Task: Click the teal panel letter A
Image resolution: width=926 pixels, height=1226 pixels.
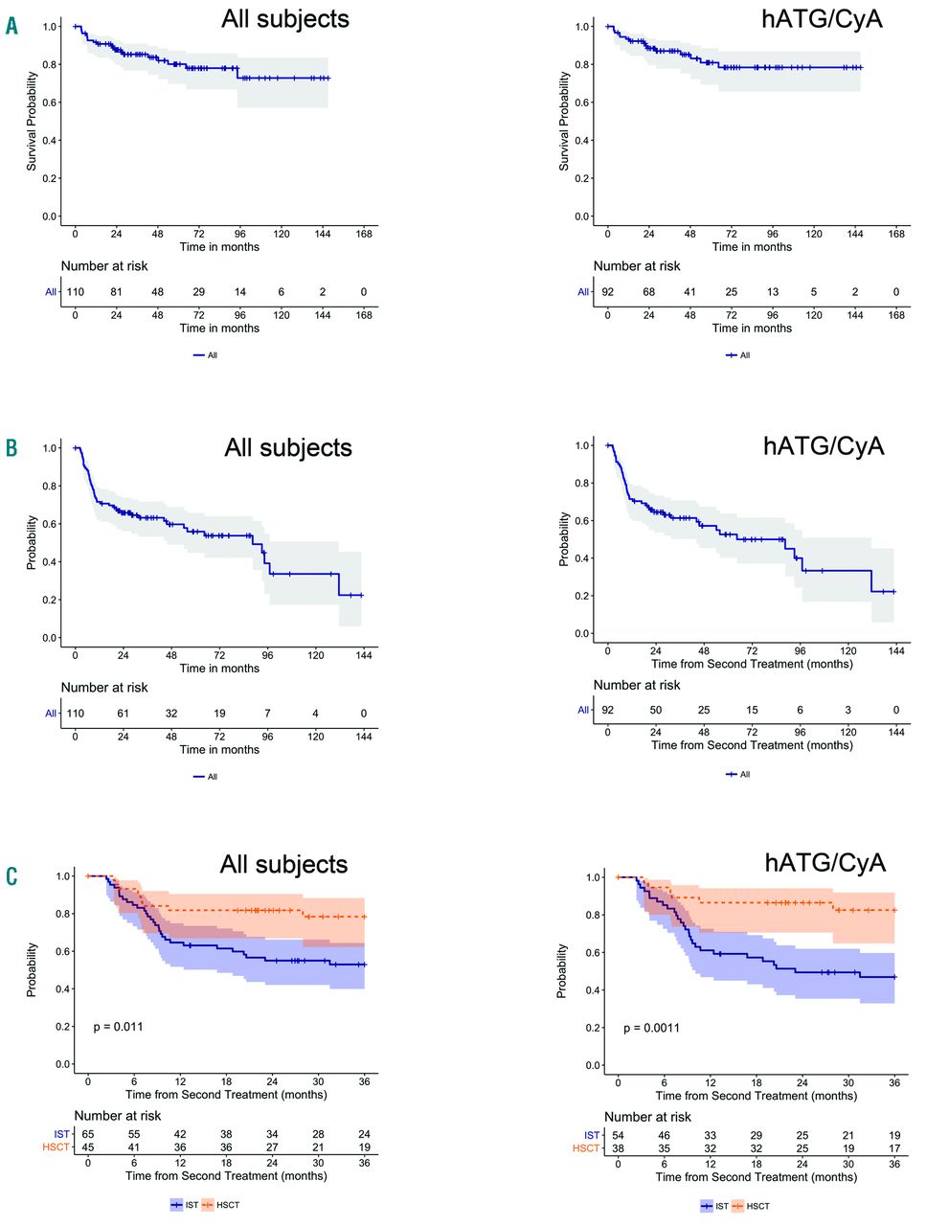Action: [x=11, y=26]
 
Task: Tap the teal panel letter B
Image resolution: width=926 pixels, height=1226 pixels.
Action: [x=11, y=447]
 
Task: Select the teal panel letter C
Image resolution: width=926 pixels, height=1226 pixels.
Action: [x=11, y=875]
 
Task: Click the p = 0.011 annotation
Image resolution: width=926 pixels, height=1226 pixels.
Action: [x=118, y=1027]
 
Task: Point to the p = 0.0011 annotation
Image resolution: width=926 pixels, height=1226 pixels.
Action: [x=651, y=1028]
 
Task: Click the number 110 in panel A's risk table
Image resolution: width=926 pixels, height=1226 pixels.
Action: [x=75, y=292]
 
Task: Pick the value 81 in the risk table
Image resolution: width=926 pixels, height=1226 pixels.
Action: [x=116, y=292]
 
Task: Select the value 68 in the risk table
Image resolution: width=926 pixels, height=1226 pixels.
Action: [x=648, y=292]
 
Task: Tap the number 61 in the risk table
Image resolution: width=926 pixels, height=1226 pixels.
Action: [x=123, y=714]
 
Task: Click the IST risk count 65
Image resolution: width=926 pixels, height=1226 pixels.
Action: [x=88, y=1134]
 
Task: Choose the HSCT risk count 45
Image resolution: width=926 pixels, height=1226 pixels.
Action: [x=88, y=1147]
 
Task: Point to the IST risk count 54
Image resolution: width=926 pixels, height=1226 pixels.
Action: [x=619, y=1135]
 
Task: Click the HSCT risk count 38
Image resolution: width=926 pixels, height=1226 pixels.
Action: [x=619, y=1148]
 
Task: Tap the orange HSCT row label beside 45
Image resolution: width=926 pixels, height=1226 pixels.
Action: [x=56, y=1147]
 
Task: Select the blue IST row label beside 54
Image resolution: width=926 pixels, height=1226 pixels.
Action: [x=592, y=1135]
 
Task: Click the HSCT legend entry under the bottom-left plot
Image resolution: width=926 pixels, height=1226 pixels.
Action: [x=221, y=1205]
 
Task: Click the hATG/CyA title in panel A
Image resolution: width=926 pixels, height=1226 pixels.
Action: [x=822, y=19]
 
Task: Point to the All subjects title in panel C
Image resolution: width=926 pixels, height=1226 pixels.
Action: [x=283, y=864]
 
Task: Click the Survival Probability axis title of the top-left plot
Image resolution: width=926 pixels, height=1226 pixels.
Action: [x=32, y=121]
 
